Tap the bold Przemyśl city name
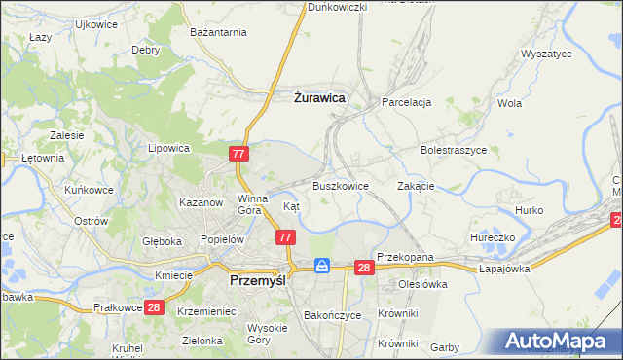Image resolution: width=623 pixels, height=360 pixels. pyautogui.click(x=255, y=279)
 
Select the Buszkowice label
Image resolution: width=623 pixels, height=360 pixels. pyautogui.click(x=340, y=185)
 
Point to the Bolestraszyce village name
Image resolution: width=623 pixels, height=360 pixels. pyautogui.click(x=453, y=151)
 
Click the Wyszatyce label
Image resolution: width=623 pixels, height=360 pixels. pyautogui.click(x=546, y=54)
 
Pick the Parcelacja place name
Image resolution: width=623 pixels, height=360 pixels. pyautogui.click(x=407, y=102)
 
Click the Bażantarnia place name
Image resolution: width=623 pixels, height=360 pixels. pyautogui.click(x=219, y=32)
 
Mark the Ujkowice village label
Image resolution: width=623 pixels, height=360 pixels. pyautogui.click(x=95, y=23)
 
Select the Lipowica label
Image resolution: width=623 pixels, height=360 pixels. pyautogui.click(x=167, y=149)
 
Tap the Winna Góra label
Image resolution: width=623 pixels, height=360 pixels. pyautogui.click(x=251, y=203)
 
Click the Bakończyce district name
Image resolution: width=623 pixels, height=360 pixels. pyautogui.click(x=333, y=316)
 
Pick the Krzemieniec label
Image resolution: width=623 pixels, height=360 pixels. pyautogui.click(x=207, y=311)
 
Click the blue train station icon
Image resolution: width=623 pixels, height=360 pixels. pyautogui.click(x=322, y=266)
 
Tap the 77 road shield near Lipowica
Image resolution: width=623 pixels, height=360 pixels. pyautogui.click(x=240, y=154)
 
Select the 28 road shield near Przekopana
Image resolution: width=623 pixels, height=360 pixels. pyautogui.click(x=364, y=268)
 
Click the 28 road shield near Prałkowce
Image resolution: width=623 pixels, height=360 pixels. pyautogui.click(x=153, y=307)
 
